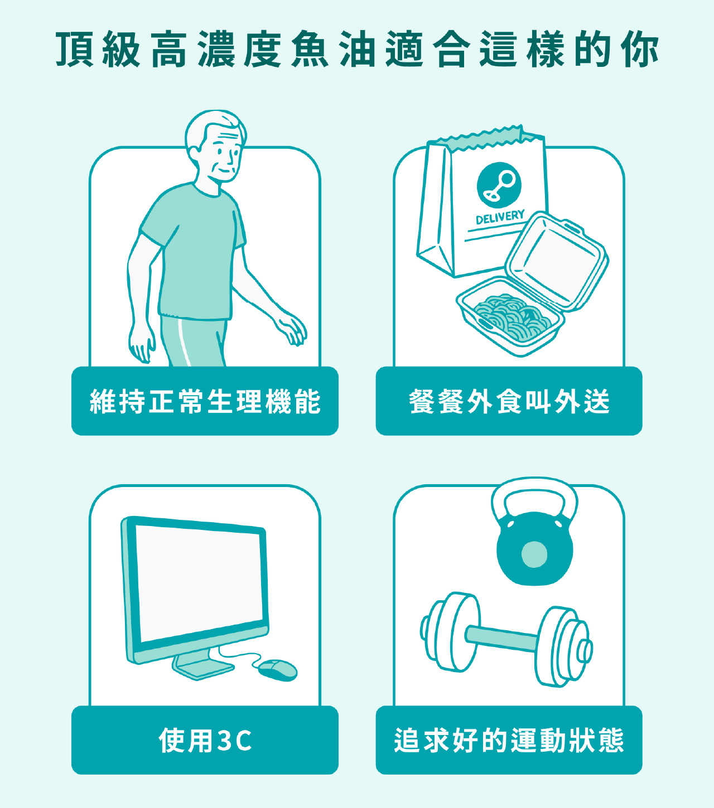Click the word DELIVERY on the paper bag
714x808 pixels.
coord(500,217)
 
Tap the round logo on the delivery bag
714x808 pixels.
coord(499,184)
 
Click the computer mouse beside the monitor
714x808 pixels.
coord(278,670)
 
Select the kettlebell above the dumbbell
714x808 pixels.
coord(535,532)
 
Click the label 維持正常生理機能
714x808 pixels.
coord(205,401)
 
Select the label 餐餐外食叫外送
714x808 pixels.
coord(509,401)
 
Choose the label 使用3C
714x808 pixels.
coord(205,740)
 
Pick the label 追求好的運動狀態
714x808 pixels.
coord(509,740)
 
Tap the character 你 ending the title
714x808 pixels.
coord(639,49)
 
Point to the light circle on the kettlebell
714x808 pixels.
coord(534,554)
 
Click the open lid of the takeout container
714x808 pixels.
coord(557,261)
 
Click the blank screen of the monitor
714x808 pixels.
coord(199,583)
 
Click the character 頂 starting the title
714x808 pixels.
coord(75,49)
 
